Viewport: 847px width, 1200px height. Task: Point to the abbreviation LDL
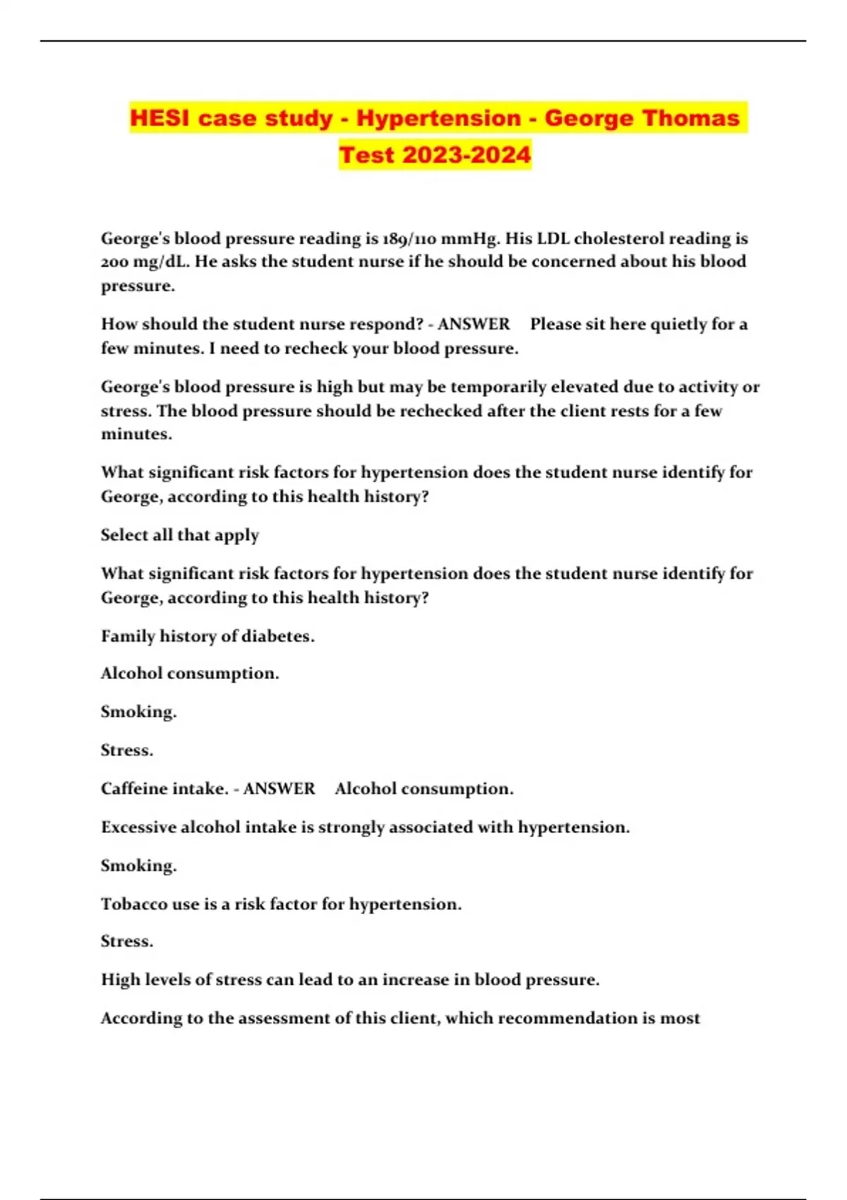[557, 239]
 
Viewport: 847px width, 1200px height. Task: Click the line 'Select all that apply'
[180, 535]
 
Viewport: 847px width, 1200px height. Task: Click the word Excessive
[138, 827]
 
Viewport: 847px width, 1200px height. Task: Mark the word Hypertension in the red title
[438, 118]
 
